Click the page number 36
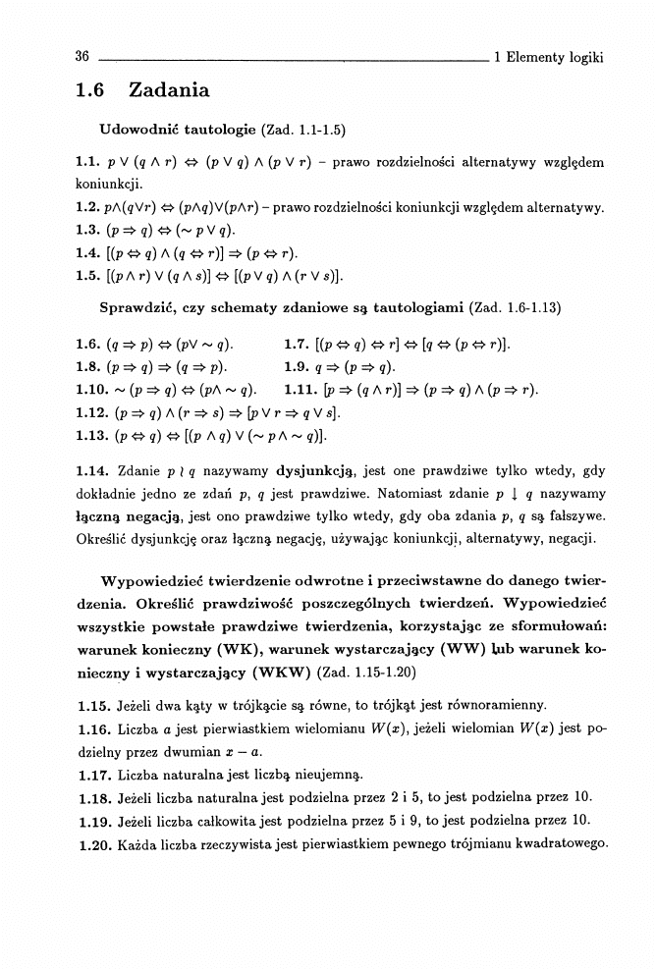tap(82, 57)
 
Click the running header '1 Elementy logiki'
tap(548, 57)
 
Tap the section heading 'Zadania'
tap(169, 91)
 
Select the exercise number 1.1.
tap(87, 161)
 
